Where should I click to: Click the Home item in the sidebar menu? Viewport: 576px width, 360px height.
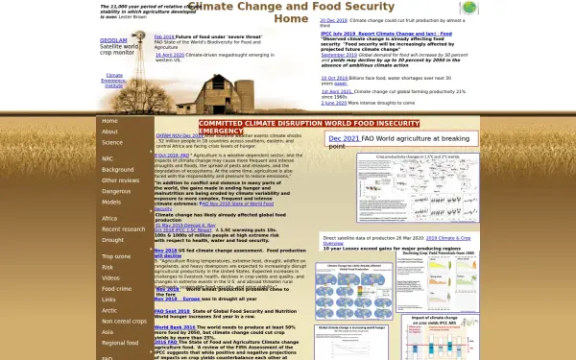[109, 122]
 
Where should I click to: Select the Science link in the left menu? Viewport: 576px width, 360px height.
[112, 142]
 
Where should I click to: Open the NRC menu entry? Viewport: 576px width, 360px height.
[108, 158]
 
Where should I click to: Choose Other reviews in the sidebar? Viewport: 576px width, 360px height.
[120, 180]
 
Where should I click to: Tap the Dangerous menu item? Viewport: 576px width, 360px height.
[117, 191]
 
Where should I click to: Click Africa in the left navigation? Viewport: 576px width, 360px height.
[109, 219]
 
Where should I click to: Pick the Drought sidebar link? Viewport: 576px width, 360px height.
[113, 240]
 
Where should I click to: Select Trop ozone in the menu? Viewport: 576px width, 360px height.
[116, 258]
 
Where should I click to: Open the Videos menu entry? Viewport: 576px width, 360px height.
[111, 277]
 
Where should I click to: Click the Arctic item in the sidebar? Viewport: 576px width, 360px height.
[109, 310]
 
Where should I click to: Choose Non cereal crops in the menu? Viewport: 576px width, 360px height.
[124, 321]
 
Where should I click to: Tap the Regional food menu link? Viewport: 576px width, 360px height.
[119, 343]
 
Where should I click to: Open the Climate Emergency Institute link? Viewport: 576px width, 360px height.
[114, 80]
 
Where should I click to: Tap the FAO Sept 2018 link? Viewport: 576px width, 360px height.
[172, 311]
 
